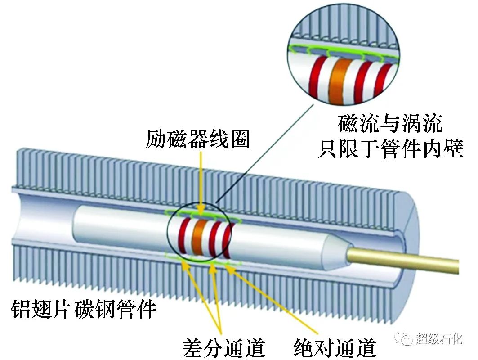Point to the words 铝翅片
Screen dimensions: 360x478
click(x=39, y=310)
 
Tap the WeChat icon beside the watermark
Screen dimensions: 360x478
click(x=404, y=338)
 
